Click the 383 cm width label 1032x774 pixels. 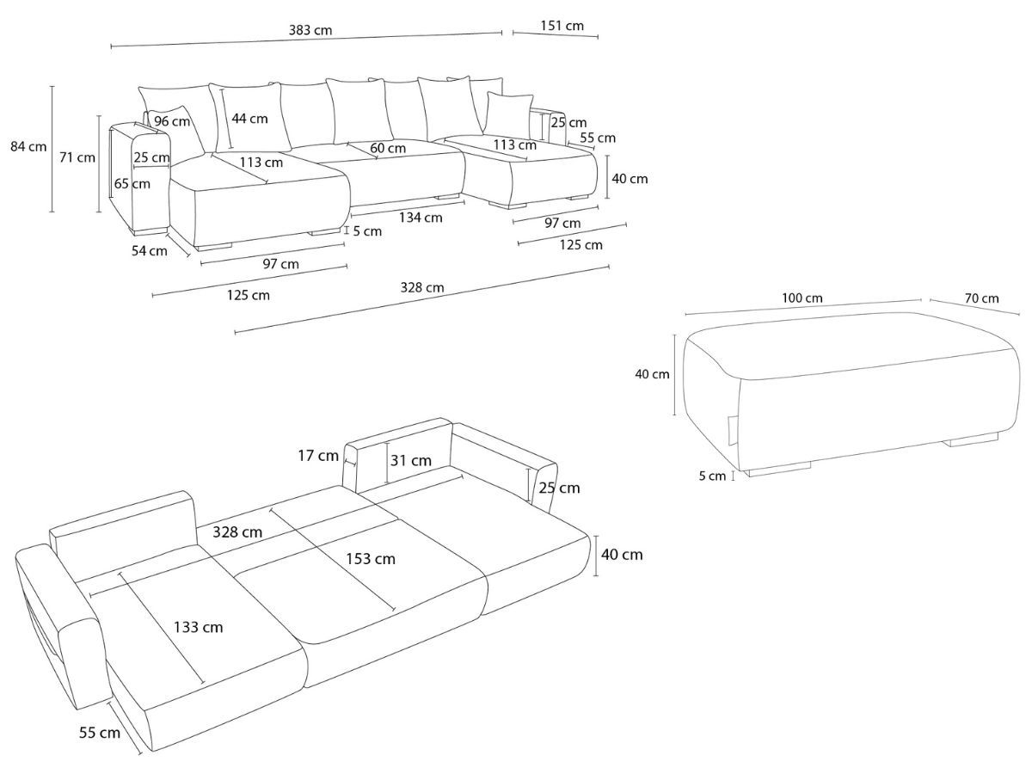coord(310,30)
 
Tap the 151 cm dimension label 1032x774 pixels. coord(562,26)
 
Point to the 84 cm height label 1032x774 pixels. coord(28,146)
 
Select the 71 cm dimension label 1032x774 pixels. coord(77,157)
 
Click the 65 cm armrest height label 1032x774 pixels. coord(132,183)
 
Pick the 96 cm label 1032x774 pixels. coord(172,121)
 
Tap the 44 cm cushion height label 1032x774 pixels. coord(250,119)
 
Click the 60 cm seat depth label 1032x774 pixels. coord(388,148)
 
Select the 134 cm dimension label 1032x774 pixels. coord(421,218)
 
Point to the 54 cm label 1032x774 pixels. coord(150,251)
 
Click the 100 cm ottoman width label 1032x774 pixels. coord(802,298)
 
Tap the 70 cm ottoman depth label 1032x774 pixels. coord(981,298)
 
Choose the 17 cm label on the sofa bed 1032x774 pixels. coord(317,456)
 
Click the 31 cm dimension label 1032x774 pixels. coord(410,460)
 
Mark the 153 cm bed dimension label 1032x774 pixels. coord(372,559)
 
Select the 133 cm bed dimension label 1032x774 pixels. coord(199,627)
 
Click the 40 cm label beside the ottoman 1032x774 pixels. coord(652,374)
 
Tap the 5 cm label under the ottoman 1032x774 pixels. coord(712,476)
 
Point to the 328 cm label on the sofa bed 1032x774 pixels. coord(238,532)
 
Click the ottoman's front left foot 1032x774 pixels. coord(778,470)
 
